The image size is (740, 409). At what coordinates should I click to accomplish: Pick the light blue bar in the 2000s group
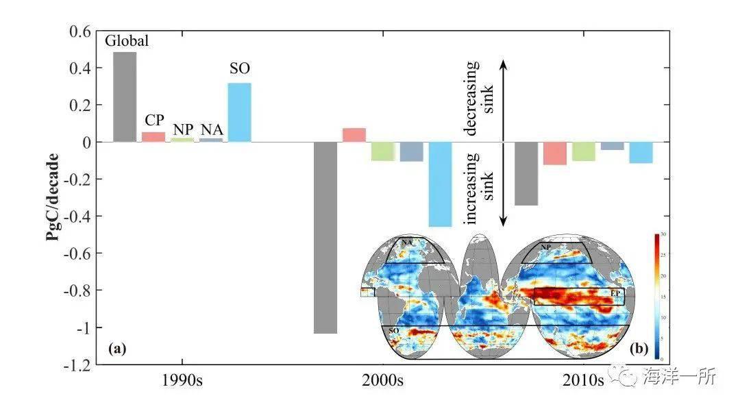point(440,184)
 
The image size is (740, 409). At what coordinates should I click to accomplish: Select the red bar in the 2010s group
point(555,153)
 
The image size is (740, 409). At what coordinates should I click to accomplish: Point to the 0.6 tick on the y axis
point(82,32)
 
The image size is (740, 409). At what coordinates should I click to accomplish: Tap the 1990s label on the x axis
point(182,381)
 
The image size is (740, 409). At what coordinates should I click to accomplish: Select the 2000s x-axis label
point(382,381)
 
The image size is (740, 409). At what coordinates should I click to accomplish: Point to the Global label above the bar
point(126,40)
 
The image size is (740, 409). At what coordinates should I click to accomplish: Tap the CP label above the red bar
point(154,120)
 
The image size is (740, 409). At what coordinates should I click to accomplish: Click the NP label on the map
point(547,247)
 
